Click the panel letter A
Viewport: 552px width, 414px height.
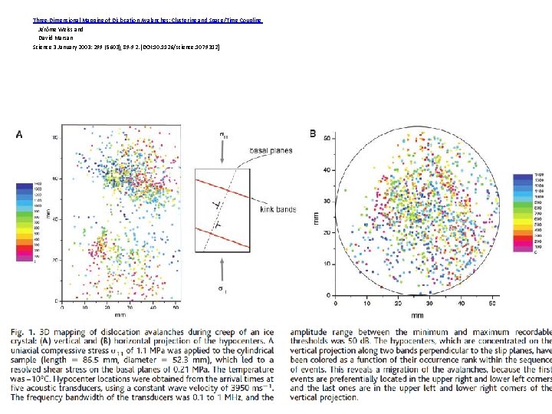(x=19, y=134)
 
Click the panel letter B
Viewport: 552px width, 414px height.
(x=313, y=133)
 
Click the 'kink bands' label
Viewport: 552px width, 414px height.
(x=278, y=208)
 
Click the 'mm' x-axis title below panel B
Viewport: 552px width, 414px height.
(x=417, y=314)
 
